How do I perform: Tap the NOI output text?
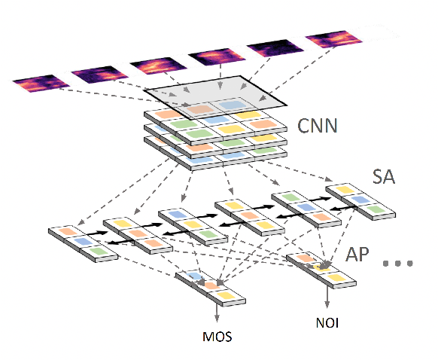[326, 325]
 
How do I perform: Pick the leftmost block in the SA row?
[84, 243]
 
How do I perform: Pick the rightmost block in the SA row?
[358, 201]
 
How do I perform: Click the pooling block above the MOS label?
[211, 288]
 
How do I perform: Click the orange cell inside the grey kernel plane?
[199, 108]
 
